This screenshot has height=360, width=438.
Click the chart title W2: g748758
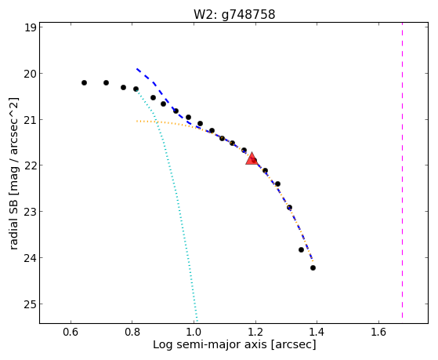[234, 14]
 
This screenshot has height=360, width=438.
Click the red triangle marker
[252, 159]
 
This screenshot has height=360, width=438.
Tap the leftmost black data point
[84, 83]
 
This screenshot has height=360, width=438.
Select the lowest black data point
[313, 267]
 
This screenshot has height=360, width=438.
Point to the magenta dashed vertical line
[402, 170]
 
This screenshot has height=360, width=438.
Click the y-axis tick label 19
[31, 28]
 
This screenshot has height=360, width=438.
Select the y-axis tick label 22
[31, 165]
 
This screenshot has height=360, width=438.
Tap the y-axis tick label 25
[31, 304]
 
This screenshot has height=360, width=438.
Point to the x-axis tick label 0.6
[71, 332]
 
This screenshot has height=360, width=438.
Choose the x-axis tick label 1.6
[378, 332]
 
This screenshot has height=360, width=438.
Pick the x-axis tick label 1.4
[317, 332]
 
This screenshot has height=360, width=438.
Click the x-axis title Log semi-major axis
[209, 344]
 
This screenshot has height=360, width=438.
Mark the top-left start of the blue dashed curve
[137, 68]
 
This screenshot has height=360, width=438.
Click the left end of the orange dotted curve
[137, 121]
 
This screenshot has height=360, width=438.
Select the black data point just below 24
[313, 267]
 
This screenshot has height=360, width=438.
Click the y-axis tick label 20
[31, 74]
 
